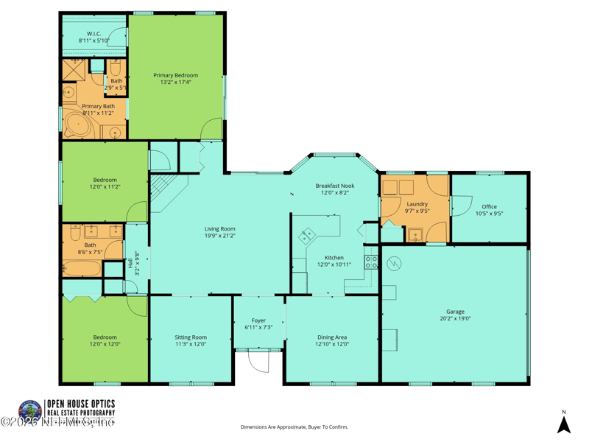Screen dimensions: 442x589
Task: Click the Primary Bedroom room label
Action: tap(175, 75)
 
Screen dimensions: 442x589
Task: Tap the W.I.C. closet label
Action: tap(94, 34)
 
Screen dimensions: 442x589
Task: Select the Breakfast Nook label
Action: tap(335, 186)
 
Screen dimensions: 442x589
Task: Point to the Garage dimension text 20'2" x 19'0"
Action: tap(455, 319)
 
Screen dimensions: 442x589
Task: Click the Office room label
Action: tap(489, 207)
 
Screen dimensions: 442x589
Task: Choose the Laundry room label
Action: tap(417, 204)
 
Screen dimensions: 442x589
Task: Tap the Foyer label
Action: tap(258, 320)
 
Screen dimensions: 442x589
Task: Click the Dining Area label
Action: tap(331, 337)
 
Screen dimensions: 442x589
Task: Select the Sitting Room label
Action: tap(191, 337)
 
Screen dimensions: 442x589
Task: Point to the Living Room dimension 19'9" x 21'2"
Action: tap(220, 236)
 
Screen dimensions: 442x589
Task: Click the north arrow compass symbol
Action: tap(563, 424)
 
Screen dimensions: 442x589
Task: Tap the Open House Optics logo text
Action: tap(80, 404)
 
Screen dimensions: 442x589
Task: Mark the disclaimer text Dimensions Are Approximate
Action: tap(294, 427)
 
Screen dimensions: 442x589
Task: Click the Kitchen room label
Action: tap(334, 258)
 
